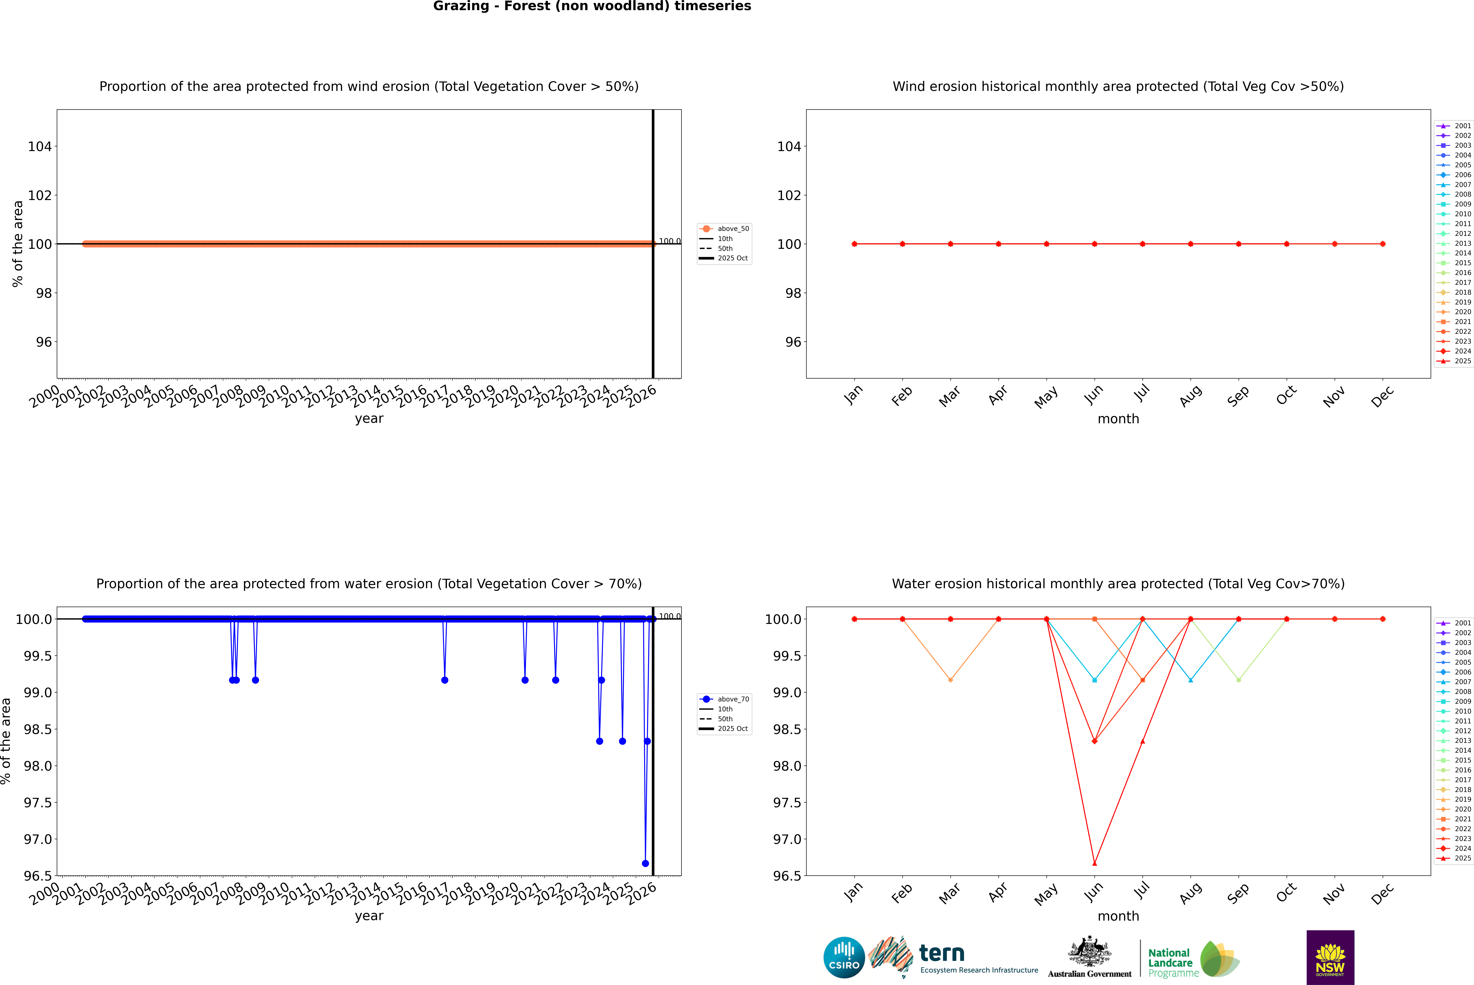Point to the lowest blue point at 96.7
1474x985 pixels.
coord(645,863)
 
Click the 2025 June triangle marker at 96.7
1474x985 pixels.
coord(1094,863)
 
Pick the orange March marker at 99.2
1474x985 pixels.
coord(951,680)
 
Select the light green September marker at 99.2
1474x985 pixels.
coord(1238,680)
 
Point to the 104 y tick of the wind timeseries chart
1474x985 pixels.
coord(40,146)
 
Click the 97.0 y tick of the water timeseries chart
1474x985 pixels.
coord(38,839)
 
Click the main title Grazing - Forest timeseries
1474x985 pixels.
coord(592,6)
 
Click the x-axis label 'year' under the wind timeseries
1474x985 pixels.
coord(369,418)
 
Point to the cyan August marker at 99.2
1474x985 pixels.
coord(1191,680)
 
